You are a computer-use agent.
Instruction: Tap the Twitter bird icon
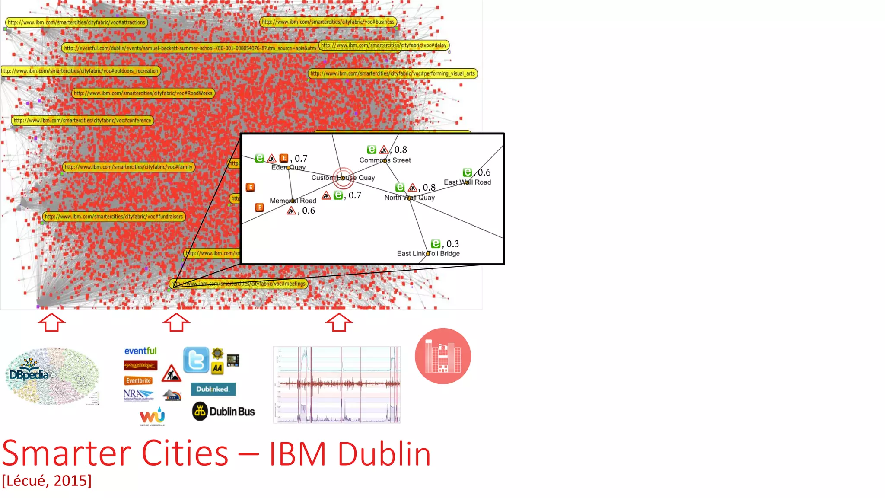196,360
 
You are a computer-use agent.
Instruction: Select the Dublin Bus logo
223,411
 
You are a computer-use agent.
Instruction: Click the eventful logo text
140,351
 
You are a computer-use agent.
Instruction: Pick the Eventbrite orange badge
138,380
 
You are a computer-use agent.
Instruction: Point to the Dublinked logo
213,389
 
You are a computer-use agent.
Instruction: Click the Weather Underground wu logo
152,416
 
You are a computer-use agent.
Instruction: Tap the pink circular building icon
442,356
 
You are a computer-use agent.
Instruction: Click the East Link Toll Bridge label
428,253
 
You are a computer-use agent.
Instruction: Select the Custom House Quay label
343,178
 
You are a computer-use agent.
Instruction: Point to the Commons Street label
385,160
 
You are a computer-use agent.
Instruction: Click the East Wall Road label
467,182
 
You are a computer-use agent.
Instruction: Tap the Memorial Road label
293,201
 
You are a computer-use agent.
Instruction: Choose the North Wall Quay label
410,198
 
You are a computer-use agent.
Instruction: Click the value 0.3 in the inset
452,244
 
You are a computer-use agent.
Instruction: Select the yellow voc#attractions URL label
76,22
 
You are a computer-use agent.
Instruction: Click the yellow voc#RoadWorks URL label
143,93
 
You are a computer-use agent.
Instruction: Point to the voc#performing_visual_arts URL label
392,73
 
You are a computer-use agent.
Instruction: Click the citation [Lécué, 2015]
47,481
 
